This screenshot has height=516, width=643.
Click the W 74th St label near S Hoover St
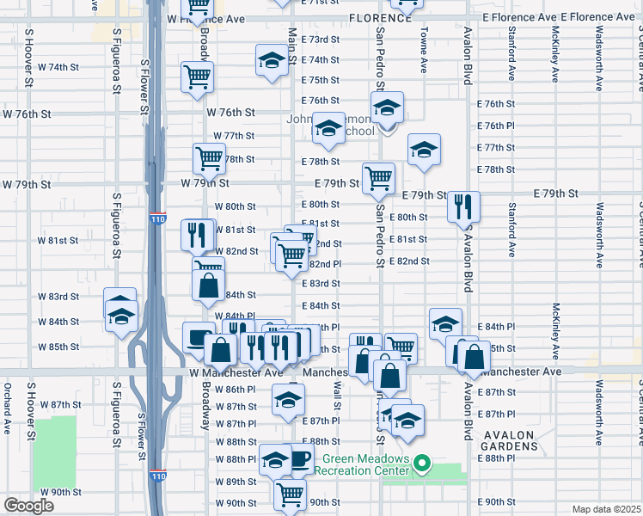pyautogui.click(x=58, y=67)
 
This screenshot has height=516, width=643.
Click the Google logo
pyautogui.click(x=29, y=506)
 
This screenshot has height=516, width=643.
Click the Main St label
pyautogui.click(x=292, y=44)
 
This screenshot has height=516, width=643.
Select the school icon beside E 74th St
pyautogui.click(x=272, y=61)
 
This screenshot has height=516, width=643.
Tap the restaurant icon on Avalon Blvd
pyautogui.click(x=462, y=206)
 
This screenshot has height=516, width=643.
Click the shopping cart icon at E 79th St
pyautogui.click(x=378, y=179)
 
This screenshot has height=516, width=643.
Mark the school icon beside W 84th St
pyautogui.click(x=121, y=315)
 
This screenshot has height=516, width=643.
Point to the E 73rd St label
pyautogui.click(x=325, y=40)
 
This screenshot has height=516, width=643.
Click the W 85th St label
pyautogui.click(x=58, y=347)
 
